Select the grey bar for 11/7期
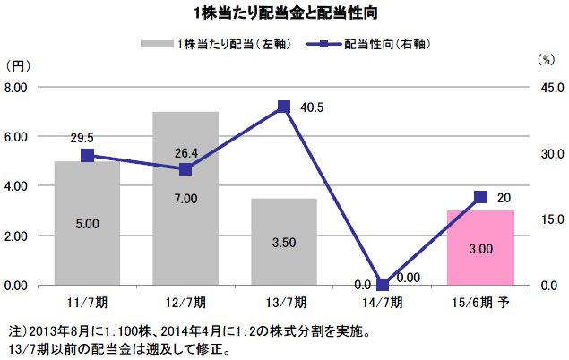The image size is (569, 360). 87,223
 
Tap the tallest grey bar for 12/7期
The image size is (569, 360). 185,198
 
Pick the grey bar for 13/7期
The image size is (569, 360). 284,241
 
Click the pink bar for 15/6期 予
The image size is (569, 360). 481,247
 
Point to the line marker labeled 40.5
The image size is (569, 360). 284,107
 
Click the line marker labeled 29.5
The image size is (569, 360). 87,155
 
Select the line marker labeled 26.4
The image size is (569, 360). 185,169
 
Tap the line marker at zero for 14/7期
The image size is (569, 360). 383,285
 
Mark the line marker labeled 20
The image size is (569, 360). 481,197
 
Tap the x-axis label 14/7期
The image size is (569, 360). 383,304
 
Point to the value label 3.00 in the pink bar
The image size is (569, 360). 481,247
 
